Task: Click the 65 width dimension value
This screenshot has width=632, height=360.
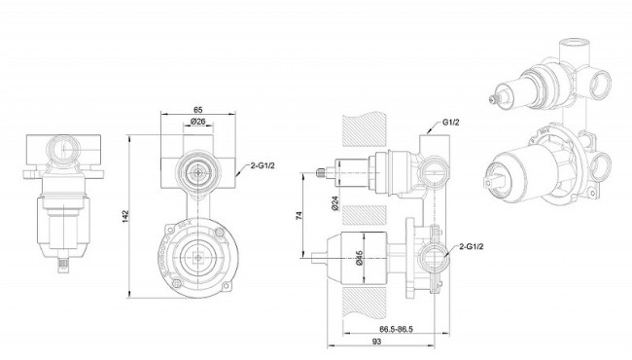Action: tap(198, 109)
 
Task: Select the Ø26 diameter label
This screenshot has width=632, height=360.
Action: tap(198, 121)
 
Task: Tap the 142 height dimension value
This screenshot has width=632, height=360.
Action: tap(125, 216)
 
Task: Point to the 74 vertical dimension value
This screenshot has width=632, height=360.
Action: tap(299, 215)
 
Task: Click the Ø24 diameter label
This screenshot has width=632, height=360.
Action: tap(335, 202)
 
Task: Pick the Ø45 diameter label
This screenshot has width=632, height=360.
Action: tap(360, 258)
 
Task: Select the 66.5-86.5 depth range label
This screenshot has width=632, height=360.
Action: tap(396, 329)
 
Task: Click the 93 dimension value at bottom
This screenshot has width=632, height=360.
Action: tap(376, 342)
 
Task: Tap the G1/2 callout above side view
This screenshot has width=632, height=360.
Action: tap(450, 123)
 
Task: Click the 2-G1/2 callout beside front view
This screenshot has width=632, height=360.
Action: tap(263, 165)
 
